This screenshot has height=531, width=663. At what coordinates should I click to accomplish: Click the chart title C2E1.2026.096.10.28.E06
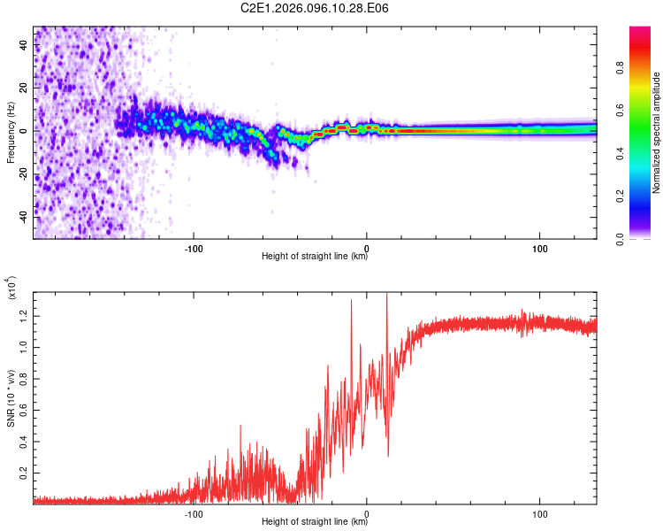(315, 8)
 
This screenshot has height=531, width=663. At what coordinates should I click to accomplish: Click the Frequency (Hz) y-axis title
(11, 133)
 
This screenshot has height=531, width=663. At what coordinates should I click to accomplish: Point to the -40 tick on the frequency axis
(23, 215)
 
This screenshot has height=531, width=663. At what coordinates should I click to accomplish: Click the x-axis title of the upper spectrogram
(315, 257)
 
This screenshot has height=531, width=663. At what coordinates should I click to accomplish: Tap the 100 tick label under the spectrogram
(539, 247)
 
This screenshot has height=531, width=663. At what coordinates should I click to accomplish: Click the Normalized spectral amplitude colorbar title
(656, 133)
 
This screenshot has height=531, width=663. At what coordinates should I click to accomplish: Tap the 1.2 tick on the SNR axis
(23, 314)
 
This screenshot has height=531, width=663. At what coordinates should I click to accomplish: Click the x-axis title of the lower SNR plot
(315, 522)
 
